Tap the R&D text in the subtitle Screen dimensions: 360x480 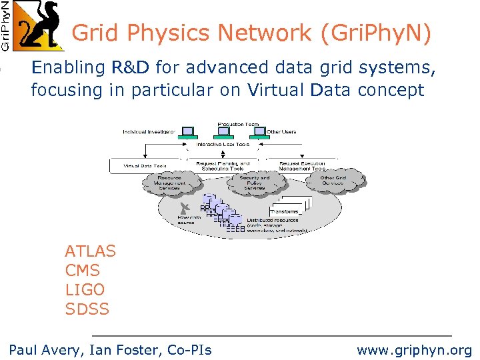(131, 67)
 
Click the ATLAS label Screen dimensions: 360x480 (90, 251)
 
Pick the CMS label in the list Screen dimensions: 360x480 (82, 271)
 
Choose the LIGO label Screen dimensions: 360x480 (85, 290)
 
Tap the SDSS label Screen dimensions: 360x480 (87, 309)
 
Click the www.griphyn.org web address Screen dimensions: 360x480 (414, 349)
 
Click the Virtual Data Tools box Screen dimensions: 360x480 (145, 165)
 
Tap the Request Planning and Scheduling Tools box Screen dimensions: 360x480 (226, 165)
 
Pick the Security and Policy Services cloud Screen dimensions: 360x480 (254, 183)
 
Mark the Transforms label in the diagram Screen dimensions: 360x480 (285, 211)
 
